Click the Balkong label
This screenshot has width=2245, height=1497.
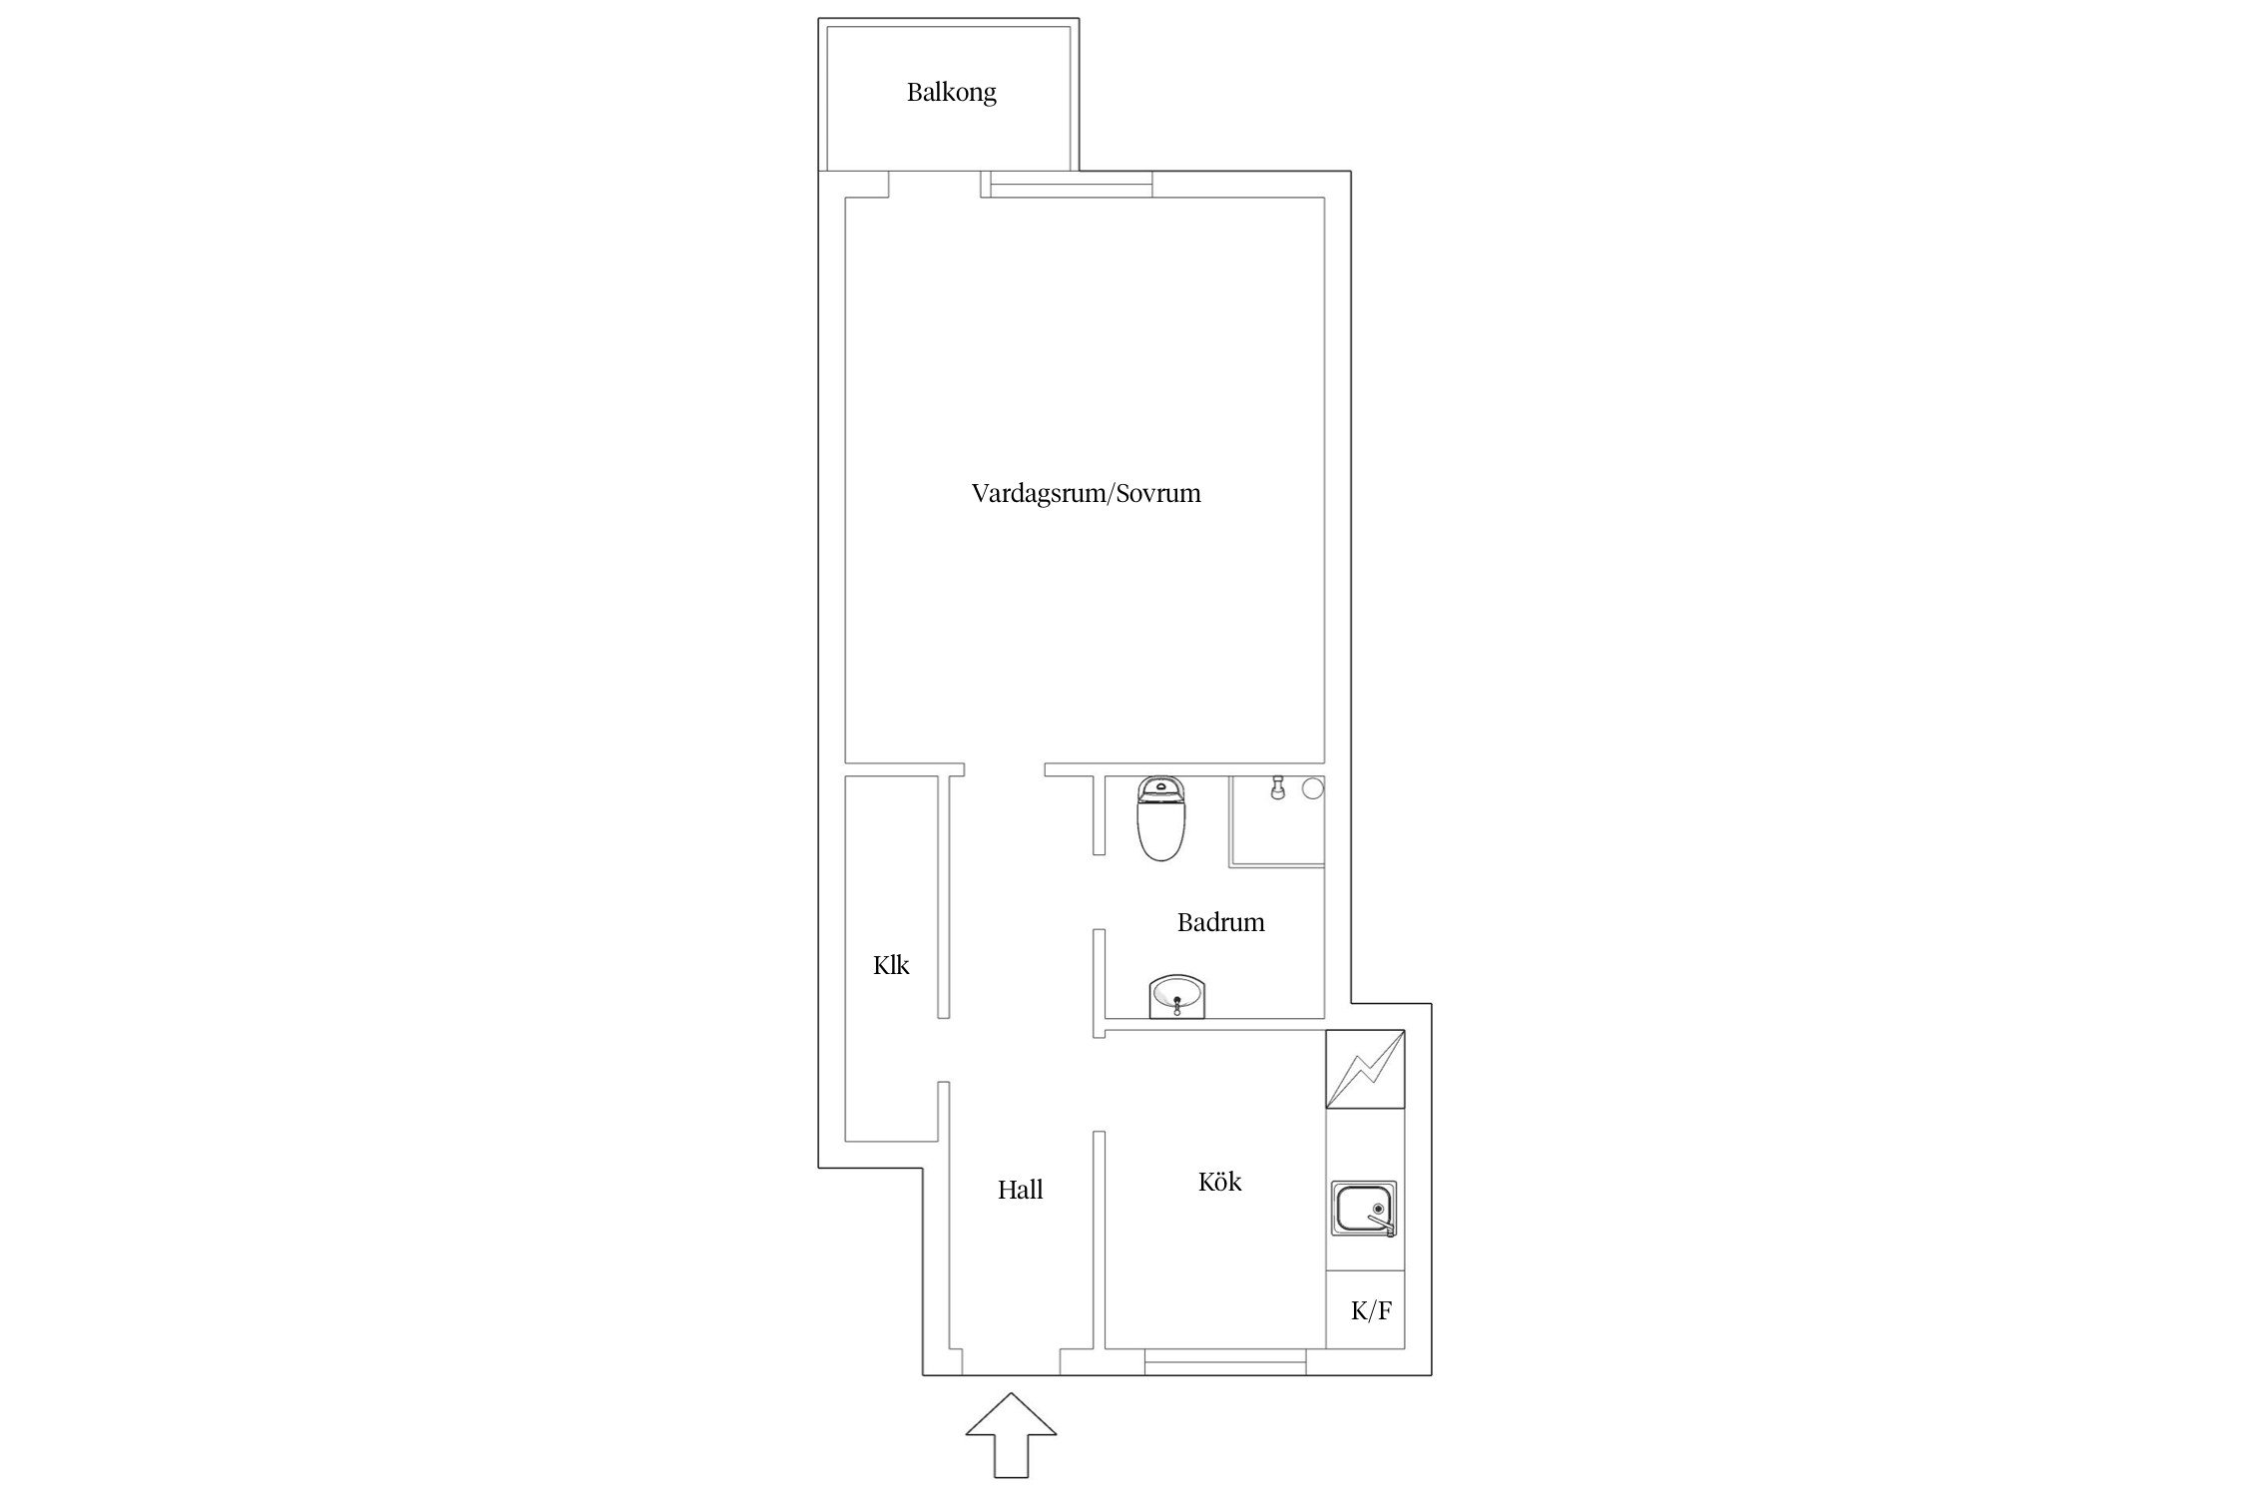[951, 93]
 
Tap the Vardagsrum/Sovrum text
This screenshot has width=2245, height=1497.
[1086, 493]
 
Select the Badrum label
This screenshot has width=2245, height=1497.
[1220, 922]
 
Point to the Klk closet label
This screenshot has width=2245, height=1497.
[891, 965]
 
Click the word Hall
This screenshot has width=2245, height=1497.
[1020, 1190]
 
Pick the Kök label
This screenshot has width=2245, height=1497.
[1219, 1182]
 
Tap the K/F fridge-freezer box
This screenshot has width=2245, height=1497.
[1365, 1310]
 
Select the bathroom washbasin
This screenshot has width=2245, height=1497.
[1177, 997]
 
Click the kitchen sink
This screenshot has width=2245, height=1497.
[1364, 1209]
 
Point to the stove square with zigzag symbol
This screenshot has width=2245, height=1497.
[1365, 1070]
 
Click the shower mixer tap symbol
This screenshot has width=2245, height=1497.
[1276, 787]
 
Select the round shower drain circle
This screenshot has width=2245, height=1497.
[1312, 788]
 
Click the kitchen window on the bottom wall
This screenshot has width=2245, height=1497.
[1225, 1361]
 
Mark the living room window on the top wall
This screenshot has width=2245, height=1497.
[1067, 185]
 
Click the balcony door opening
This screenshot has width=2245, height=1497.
[934, 185]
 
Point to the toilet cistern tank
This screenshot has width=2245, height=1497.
[1158, 789]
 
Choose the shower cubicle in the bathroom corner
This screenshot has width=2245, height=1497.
[1277, 820]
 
